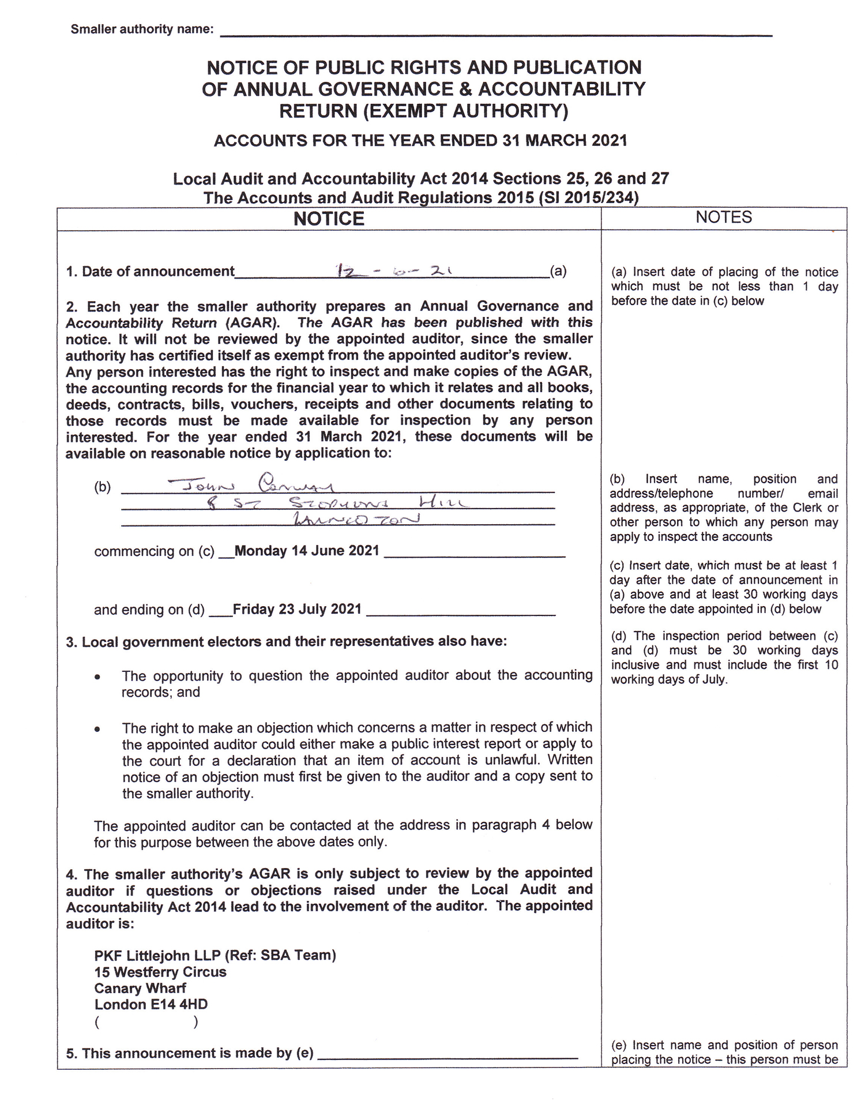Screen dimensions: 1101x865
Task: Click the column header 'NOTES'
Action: pos(723,217)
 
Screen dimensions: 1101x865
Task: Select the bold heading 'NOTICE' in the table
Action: pos(329,219)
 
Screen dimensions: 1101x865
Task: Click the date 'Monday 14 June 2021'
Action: pos(307,551)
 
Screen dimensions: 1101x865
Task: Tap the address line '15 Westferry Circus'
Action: pos(160,972)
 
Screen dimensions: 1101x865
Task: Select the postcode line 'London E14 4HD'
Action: pos(151,1004)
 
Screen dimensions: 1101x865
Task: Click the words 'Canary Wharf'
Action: pos(140,988)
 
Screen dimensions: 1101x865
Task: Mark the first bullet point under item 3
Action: pos(98,676)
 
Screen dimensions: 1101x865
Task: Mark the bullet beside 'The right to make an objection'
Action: pos(98,728)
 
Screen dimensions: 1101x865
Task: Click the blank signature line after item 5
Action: pos(447,1055)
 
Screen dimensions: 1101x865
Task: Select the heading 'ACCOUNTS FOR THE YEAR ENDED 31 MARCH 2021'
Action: pos(420,141)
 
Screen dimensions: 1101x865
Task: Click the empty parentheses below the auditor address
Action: pos(146,1023)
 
